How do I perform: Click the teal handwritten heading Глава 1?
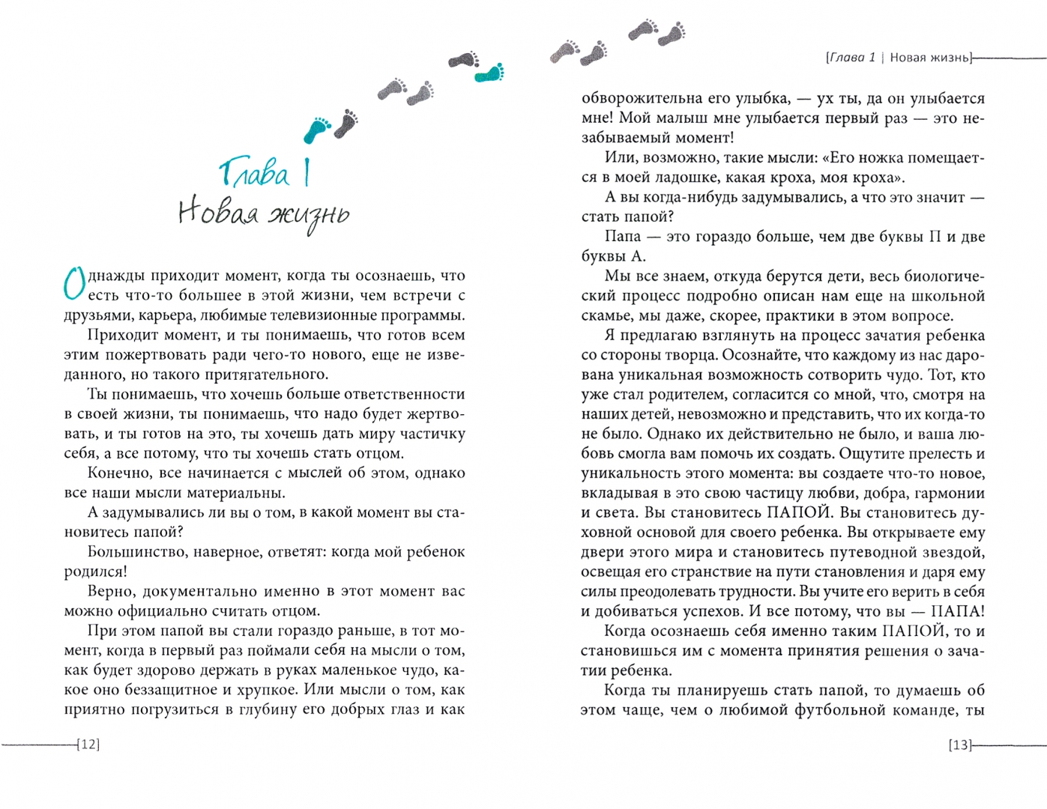point(264,173)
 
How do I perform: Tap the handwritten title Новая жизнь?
point(264,213)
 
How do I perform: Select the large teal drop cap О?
point(74,284)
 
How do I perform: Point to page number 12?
point(88,745)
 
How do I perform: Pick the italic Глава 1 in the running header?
point(851,58)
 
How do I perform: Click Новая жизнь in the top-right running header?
point(929,58)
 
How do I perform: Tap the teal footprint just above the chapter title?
point(317,129)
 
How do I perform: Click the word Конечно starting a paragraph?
point(118,473)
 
